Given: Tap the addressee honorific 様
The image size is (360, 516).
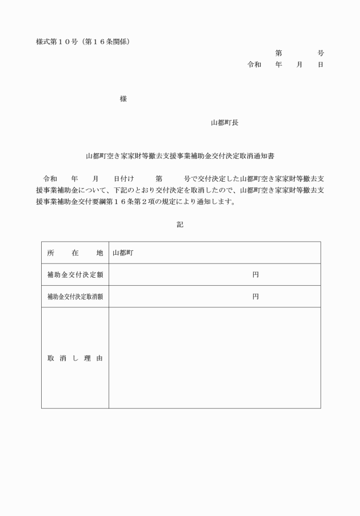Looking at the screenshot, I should (x=123, y=99).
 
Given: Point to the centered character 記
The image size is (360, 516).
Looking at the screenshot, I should (x=180, y=225).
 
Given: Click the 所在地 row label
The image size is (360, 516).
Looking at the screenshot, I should (x=75, y=253).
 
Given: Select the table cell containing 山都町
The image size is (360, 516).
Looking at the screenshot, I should (x=214, y=253).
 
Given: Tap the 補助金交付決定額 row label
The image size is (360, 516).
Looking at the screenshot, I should (x=75, y=275).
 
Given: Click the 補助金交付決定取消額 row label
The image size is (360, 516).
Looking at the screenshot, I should (x=75, y=297).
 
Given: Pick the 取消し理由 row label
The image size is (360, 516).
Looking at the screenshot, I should (x=75, y=358).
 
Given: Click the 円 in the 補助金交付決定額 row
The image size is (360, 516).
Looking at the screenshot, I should (x=255, y=275).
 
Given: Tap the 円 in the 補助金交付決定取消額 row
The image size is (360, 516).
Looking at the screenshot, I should (x=255, y=297).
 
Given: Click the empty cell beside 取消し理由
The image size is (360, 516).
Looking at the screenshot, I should (x=214, y=358).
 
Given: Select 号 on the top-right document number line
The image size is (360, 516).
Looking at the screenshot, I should (x=321, y=53).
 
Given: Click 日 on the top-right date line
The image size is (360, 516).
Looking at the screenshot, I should (x=321, y=65).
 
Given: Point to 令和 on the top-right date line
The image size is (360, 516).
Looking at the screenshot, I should (x=254, y=65).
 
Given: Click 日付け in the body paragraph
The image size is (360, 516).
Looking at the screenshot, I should (x=123, y=178).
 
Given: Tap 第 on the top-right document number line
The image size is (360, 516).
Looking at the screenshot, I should (x=278, y=53).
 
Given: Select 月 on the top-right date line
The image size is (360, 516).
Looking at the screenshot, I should (x=299, y=65).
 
